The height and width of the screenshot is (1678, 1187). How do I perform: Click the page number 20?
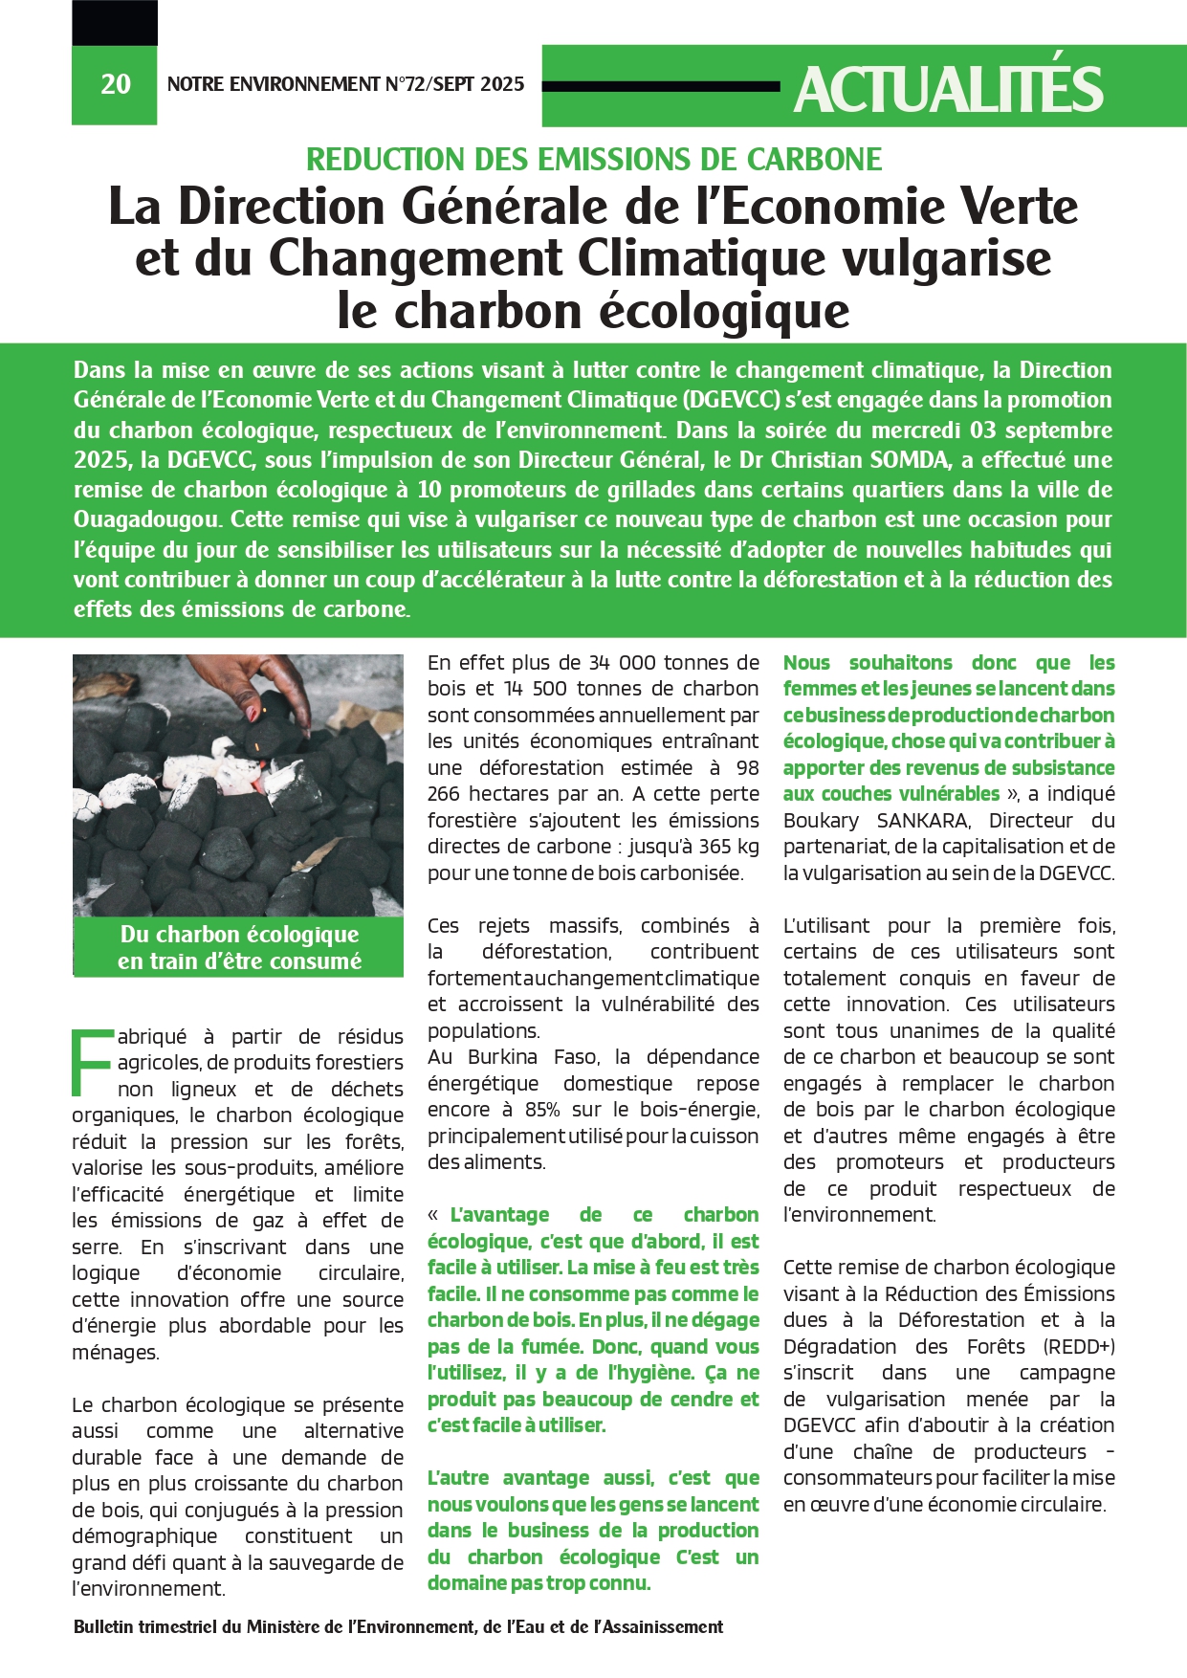(x=115, y=84)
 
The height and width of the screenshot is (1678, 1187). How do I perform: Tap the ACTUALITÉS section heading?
(x=948, y=90)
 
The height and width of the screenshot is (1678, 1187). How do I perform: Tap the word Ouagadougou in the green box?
(x=147, y=520)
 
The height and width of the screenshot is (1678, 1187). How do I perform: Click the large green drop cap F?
(x=93, y=1062)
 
